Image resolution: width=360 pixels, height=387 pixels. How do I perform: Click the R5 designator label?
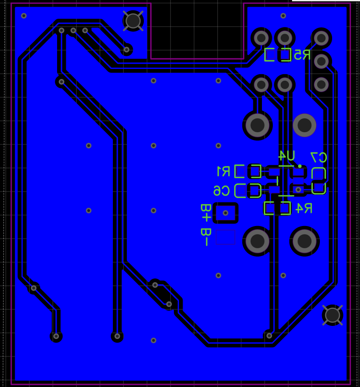[x=302, y=55]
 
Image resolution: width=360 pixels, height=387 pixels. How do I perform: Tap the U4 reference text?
[x=286, y=156]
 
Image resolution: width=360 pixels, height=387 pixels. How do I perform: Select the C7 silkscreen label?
[x=319, y=158]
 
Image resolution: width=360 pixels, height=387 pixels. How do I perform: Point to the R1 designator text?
[x=224, y=171]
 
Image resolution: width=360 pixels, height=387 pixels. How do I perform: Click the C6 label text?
[x=221, y=191]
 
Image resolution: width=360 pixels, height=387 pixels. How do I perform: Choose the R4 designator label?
[x=304, y=208]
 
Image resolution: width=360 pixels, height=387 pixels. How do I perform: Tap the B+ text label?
[x=206, y=213]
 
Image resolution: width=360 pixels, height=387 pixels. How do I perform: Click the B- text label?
[x=206, y=237]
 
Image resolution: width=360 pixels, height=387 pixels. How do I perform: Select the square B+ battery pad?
[x=225, y=213]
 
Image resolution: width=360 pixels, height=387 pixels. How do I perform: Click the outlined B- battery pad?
[x=225, y=237]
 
